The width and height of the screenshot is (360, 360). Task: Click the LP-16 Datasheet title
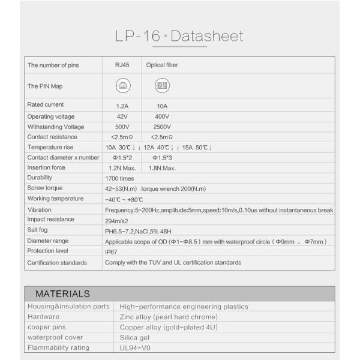[179, 36]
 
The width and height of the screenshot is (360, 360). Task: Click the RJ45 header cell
[122, 65]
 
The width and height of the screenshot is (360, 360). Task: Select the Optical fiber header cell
[162, 65]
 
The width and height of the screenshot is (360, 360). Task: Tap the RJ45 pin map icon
[122, 85]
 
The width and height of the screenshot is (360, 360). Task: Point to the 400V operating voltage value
[161, 116]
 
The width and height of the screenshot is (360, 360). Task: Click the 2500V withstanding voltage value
[161, 127]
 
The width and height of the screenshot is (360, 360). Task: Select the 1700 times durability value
[119, 178]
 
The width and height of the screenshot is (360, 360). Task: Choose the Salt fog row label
[38, 230]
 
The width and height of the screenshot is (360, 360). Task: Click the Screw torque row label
[45, 188]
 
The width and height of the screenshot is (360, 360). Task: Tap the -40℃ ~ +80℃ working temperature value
[124, 199]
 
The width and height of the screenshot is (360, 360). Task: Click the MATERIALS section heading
[62, 294]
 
